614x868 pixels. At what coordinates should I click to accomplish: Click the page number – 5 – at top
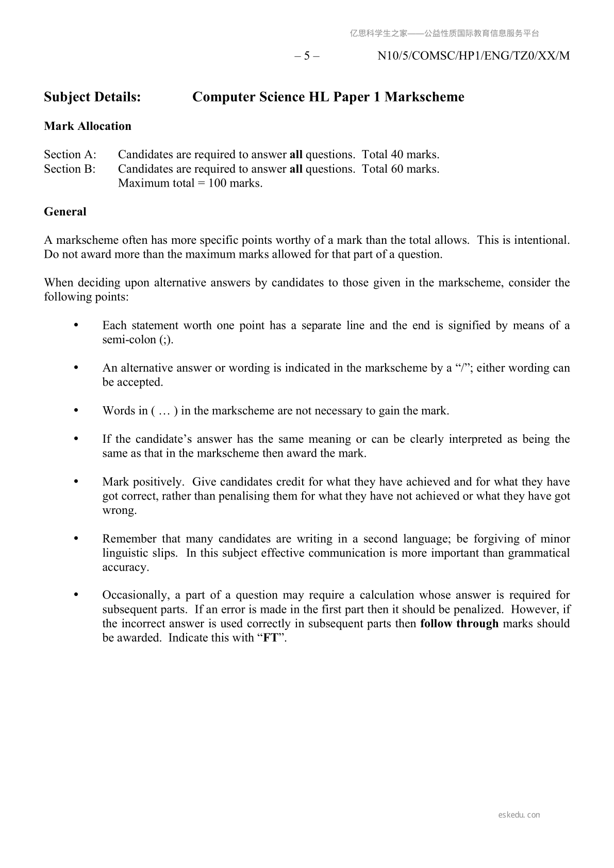[x=307, y=56]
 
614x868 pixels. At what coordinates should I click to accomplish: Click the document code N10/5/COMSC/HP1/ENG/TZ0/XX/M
[x=473, y=56]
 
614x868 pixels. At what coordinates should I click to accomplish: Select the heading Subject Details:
[x=92, y=97]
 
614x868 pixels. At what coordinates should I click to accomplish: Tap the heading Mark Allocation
[x=88, y=126]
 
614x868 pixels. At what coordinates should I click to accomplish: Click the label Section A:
[x=70, y=155]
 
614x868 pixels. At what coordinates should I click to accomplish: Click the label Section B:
[x=70, y=169]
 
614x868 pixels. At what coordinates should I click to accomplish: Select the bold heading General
[x=65, y=212]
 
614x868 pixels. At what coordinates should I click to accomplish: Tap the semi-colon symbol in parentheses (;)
[x=165, y=340]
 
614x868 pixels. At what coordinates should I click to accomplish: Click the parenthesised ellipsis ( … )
[x=164, y=411]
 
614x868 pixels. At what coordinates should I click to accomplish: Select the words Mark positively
[x=143, y=482]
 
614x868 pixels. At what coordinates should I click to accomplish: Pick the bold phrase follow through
[x=459, y=624]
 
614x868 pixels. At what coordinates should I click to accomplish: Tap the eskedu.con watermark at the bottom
[x=519, y=815]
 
